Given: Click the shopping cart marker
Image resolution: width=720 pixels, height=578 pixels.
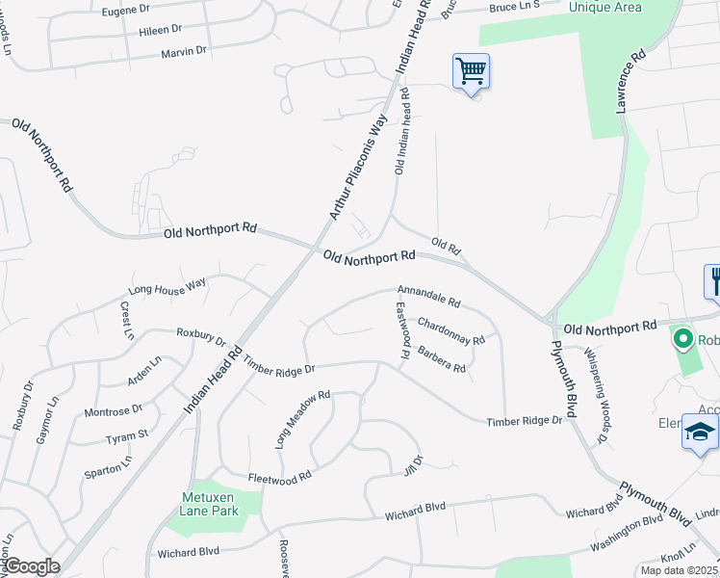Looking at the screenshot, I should pos(471,70).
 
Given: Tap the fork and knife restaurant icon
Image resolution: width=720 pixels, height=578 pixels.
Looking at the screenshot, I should pos(714,281).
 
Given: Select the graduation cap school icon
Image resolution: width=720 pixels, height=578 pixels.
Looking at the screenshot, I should pos(701,433).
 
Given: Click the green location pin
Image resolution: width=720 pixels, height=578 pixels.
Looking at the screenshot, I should pos(683,339).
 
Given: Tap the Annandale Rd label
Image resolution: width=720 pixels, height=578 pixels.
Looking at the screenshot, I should pos(429,295).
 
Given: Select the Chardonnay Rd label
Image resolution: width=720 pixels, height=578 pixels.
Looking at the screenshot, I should pos(450,332).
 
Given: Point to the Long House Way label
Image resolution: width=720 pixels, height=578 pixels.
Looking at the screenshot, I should pos(168,285).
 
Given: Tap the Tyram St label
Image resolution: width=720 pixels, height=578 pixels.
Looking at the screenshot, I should pos(126,436).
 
